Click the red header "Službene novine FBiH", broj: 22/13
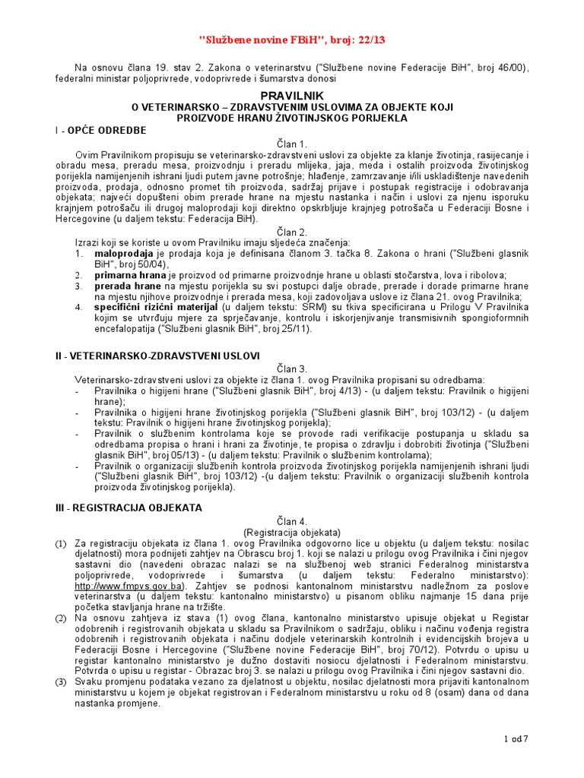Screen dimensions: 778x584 tap(292, 40)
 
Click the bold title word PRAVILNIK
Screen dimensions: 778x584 tap(292, 95)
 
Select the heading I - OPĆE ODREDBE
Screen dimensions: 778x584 tap(95, 131)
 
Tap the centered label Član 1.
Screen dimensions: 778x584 tap(292, 144)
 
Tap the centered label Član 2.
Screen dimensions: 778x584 tap(292, 232)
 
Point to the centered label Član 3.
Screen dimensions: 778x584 tap(292, 368)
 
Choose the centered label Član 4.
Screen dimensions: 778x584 tap(292, 521)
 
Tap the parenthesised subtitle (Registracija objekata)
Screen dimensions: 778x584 tap(292, 532)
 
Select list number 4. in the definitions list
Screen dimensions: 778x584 tap(78, 307)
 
